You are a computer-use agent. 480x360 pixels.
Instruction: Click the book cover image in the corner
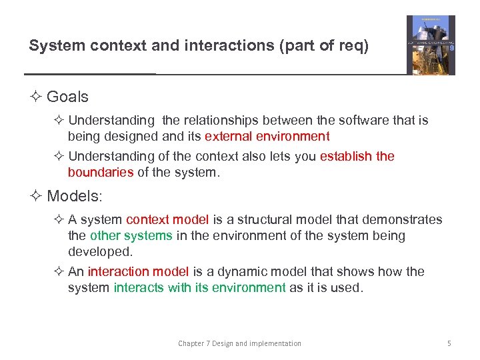[x=431, y=45]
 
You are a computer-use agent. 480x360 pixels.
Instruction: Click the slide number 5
[x=449, y=343]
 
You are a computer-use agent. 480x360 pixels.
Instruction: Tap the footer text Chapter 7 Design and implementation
[x=239, y=343]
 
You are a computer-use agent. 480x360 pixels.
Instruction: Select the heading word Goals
[x=67, y=97]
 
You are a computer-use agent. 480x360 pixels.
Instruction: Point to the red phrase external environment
[x=267, y=137]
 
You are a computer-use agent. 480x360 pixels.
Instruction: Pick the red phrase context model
[x=167, y=220]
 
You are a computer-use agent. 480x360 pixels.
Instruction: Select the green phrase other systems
[x=131, y=235]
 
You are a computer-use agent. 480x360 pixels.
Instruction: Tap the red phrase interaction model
[x=139, y=271]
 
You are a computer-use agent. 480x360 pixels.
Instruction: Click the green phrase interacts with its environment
[x=199, y=287]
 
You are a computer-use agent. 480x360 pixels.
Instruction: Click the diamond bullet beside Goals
[x=36, y=97]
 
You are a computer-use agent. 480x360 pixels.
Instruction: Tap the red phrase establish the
[x=357, y=156]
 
